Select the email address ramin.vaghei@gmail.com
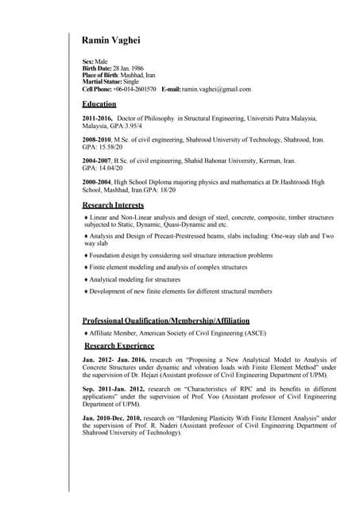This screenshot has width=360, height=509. pos(216,89)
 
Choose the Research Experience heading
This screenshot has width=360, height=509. pos(119,346)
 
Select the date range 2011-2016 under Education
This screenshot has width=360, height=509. pos(98,119)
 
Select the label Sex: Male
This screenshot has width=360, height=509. pos(95,61)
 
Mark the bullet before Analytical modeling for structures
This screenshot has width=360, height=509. pos(86,280)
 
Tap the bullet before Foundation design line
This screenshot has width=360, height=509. pos(86,255)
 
